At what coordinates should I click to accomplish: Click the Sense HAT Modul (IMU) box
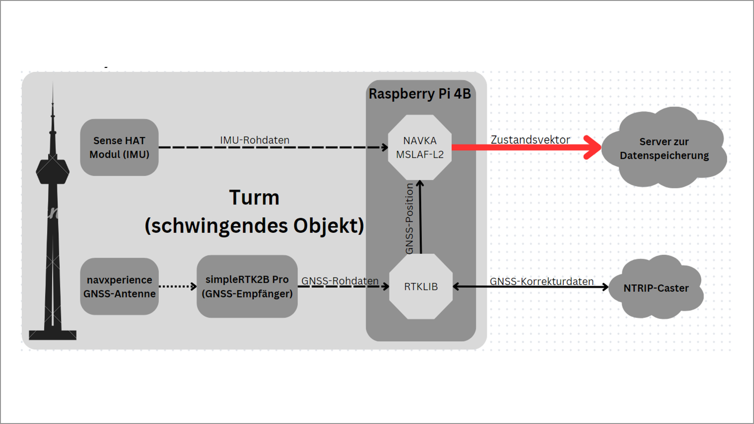[119, 147]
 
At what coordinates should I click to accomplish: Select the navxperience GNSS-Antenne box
[119, 286]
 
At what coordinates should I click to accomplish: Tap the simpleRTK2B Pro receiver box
[247, 286]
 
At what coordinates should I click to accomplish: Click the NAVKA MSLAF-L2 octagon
[420, 147]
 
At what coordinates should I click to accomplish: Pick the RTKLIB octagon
[421, 286]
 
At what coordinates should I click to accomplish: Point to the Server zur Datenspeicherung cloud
[664, 147]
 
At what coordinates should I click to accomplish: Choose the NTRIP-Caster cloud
[656, 287]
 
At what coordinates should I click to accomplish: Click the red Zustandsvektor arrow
[526, 147]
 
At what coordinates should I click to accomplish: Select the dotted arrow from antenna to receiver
[178, 286]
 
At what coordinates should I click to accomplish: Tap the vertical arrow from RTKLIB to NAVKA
[420, 217]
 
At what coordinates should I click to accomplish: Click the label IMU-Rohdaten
[255, 140]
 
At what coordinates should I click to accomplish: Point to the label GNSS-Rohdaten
[340, 281]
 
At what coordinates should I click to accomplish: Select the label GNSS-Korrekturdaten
[541, 281]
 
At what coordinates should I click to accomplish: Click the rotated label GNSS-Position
[410, 219]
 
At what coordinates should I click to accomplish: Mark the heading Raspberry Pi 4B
[420, 94]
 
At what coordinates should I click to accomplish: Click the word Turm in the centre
[254, 197]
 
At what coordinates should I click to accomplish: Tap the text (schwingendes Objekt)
[254, 226]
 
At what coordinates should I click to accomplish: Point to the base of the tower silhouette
[52, 335]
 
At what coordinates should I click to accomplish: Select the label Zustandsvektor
[531, 139]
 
